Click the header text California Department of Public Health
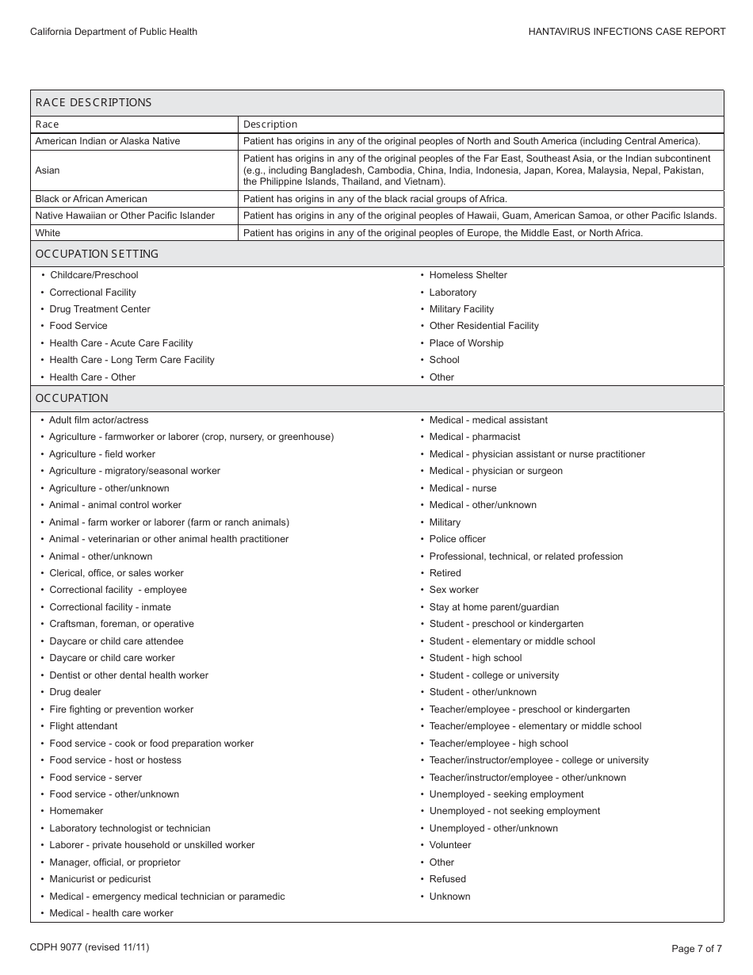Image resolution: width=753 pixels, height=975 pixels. [113, 32]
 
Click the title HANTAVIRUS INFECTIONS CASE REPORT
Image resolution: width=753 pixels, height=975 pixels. [627, 32]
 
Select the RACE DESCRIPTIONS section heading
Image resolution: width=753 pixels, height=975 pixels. [94, 102]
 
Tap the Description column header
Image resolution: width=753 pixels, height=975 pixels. [270, 124]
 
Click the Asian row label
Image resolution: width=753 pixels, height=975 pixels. [48, 170]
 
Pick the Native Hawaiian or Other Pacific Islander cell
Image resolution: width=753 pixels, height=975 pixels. [125, 216]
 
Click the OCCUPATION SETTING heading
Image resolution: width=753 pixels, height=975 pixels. [97, 254]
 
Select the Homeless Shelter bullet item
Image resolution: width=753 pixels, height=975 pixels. [468, 275]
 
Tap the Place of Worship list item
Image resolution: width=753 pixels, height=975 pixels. [466, 343]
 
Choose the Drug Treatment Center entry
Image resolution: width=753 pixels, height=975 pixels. [100, 309]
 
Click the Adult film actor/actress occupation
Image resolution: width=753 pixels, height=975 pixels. [99, 420]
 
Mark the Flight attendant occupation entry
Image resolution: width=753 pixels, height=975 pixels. [83, 726]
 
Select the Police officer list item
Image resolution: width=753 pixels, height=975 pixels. [457, 539]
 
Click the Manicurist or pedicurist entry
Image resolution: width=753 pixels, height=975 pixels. [100, 879]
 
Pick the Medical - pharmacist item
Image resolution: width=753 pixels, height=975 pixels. [475, 437]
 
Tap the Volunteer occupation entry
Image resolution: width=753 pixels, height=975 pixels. [450, 845]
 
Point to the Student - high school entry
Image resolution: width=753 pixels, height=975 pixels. [476, 658]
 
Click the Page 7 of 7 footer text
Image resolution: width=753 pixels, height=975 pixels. [697, 948]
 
